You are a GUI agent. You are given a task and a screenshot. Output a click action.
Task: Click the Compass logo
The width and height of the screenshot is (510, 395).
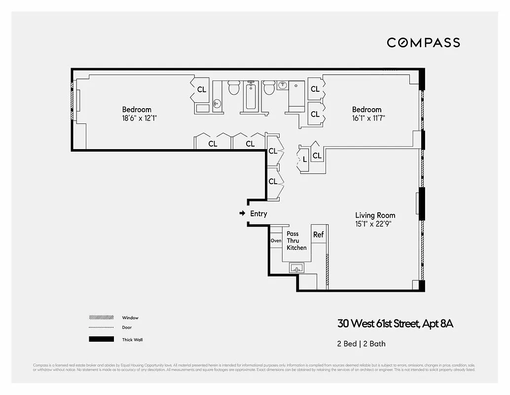pos(423,42)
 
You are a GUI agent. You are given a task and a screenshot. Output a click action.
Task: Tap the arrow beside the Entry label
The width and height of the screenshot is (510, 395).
pos(242,213)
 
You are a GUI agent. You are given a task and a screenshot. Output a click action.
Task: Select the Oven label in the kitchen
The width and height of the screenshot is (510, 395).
pos(276,241)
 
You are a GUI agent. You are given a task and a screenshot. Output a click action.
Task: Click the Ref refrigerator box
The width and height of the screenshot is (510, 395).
pos(319,235)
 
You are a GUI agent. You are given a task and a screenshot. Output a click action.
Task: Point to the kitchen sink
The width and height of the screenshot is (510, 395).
pos(296,268)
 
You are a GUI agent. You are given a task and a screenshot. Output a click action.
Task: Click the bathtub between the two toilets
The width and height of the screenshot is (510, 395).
pos(250,96)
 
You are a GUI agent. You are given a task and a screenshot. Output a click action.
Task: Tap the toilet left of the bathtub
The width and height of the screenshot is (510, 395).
pos(234,89)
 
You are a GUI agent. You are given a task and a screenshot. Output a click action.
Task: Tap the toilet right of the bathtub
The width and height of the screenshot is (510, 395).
pos(269,89)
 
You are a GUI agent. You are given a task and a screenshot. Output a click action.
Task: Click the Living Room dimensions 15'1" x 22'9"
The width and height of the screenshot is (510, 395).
pos(375,224)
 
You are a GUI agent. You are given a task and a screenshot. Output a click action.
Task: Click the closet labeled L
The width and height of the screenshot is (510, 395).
pos(305,159)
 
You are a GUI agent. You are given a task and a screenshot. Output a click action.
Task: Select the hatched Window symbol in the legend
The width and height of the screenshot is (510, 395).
pos(101,317)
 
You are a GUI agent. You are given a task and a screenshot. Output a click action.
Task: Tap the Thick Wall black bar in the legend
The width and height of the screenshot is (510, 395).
pos(101,339)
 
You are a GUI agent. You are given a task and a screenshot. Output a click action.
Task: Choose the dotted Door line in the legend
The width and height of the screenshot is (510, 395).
pos(101,327)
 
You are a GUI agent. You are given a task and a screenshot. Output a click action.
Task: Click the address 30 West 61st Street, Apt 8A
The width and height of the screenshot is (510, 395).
pos(395,324)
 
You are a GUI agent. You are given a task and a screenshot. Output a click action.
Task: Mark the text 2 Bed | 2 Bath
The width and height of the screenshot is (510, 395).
pos(358,344)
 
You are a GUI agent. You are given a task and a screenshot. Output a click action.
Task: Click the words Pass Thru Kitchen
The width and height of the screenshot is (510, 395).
pos(296,240)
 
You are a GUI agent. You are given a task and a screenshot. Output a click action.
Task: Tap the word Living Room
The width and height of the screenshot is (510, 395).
pos(375,215)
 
